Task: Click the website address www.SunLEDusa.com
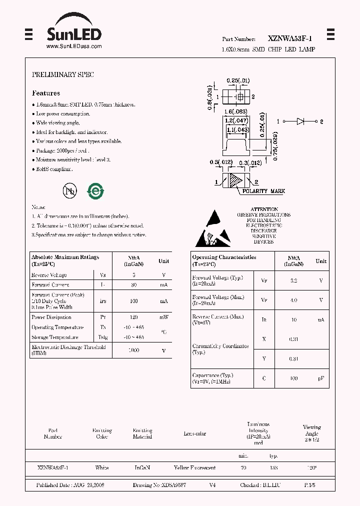74,46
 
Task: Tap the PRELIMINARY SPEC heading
63,74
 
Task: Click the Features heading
46,93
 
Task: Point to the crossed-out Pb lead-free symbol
69,191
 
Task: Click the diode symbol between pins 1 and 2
301,121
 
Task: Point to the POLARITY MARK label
263,191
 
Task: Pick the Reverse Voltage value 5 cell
133,275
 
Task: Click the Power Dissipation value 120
133,317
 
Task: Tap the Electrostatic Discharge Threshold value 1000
133,350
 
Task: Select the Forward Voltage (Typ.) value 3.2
293,280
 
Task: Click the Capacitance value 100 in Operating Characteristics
293,378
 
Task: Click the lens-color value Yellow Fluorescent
194,467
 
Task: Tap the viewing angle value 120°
312,467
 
